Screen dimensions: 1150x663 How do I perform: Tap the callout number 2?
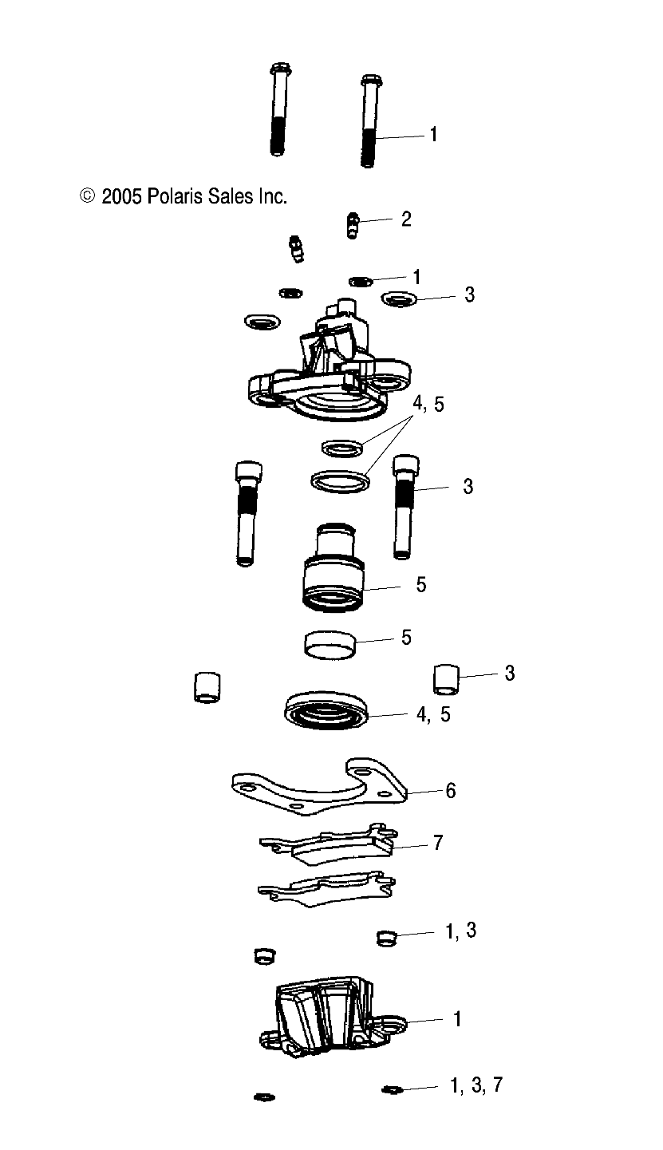point(406,219)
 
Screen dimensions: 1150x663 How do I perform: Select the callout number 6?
point(451,791)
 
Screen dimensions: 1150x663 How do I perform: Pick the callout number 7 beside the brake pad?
point(437,843)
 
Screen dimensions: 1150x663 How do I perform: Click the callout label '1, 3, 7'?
point(476,1085)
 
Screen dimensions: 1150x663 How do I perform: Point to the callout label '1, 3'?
point(460,931)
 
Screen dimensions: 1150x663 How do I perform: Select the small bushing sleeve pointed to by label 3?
point(448,678)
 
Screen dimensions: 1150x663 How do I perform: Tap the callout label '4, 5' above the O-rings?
point(428,405)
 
